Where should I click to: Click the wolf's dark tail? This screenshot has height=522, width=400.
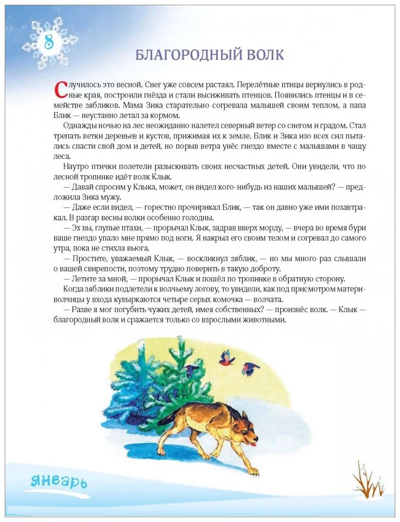point(167,417)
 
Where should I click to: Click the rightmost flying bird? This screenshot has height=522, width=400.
point(249,368)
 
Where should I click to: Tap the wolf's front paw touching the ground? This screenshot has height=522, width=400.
point(254,471)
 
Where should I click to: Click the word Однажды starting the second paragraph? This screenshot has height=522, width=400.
point(79,126)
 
